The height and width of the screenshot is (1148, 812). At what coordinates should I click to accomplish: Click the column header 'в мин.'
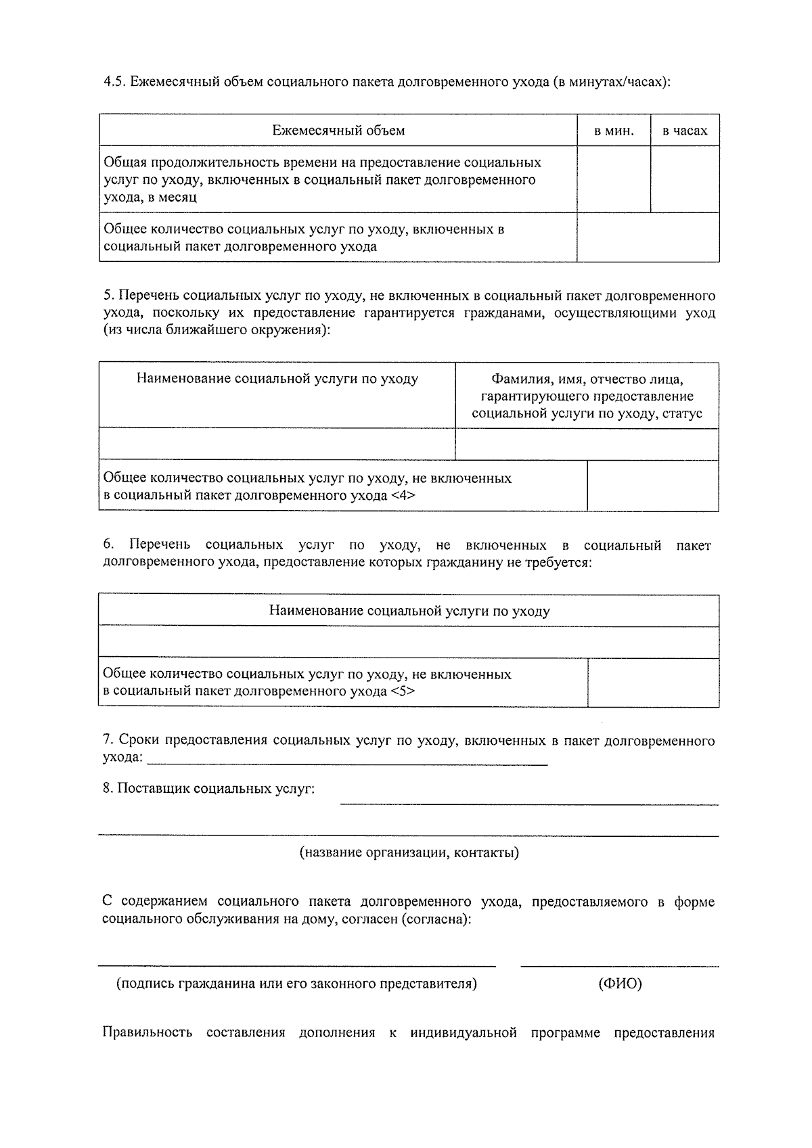(614, 131)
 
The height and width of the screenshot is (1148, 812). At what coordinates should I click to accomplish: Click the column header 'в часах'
(685, 131)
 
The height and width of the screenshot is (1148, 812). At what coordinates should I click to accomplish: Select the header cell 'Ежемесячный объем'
(338, 131)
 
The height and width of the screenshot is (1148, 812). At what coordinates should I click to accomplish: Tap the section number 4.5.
(114, 82)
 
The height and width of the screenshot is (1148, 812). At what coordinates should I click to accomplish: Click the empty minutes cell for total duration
(614, 180)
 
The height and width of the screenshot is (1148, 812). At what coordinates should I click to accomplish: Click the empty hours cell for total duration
(685, 180)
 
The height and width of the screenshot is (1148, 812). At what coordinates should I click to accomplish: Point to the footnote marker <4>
(403, 495)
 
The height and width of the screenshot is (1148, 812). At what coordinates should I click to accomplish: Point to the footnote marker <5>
(403, 691)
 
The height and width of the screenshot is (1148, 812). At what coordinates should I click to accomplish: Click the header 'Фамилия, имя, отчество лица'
(587, 379)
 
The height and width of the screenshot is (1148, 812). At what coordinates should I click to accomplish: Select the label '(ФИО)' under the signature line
(620, 984)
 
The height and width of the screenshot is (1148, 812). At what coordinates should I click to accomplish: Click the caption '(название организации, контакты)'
(409, 852)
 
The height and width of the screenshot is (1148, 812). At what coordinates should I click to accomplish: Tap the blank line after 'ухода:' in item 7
(346, 762)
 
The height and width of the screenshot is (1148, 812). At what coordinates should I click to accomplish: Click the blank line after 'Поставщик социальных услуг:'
(529, 802)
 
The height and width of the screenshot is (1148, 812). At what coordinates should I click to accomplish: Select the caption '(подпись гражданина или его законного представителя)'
(296, 984)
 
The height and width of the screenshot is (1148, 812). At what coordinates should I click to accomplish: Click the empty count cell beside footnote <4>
(653, 486)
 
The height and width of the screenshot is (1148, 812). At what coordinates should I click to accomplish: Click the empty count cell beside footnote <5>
(653, 683)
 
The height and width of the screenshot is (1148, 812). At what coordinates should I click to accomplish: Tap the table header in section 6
(409, 611)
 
